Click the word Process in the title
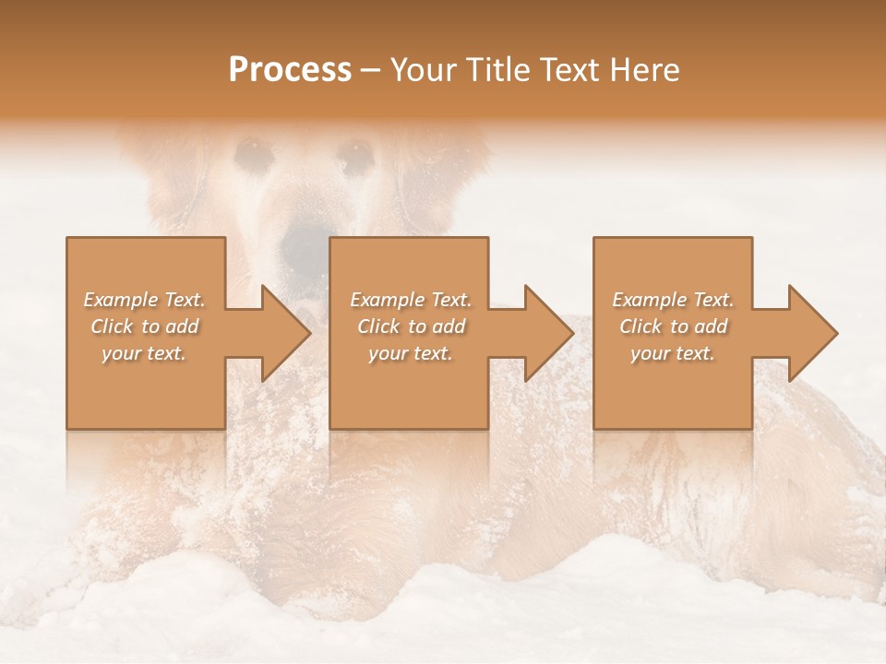290,70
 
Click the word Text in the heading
569,70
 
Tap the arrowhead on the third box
811,333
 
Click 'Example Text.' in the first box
145,300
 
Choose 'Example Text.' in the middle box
411,300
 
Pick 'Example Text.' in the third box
673,300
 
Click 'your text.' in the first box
144,353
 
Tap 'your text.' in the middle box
411,353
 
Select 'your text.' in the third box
673,353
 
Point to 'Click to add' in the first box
145,326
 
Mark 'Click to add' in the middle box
411,326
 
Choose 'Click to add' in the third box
673,326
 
